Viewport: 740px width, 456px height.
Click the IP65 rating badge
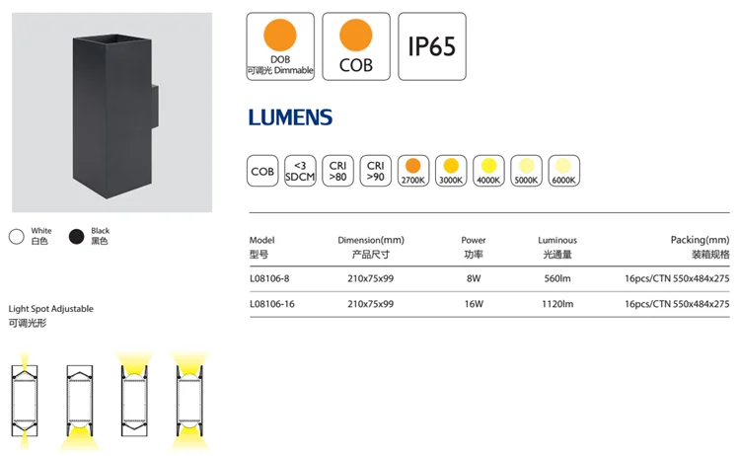pos(432,46)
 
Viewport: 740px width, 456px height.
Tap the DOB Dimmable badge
pos(280,46)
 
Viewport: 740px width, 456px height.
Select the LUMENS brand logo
pos(290,117)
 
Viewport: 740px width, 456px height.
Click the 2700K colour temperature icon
pos(413,171)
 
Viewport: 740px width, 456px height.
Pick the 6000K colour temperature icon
pos(564,171)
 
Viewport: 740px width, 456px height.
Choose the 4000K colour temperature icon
pos(488,171)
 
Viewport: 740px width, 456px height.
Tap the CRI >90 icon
pos(376,171)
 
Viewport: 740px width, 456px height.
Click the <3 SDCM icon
pos(300,171)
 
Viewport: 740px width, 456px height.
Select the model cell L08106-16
pos(272,304)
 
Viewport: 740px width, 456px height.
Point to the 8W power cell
pos(474,278)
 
